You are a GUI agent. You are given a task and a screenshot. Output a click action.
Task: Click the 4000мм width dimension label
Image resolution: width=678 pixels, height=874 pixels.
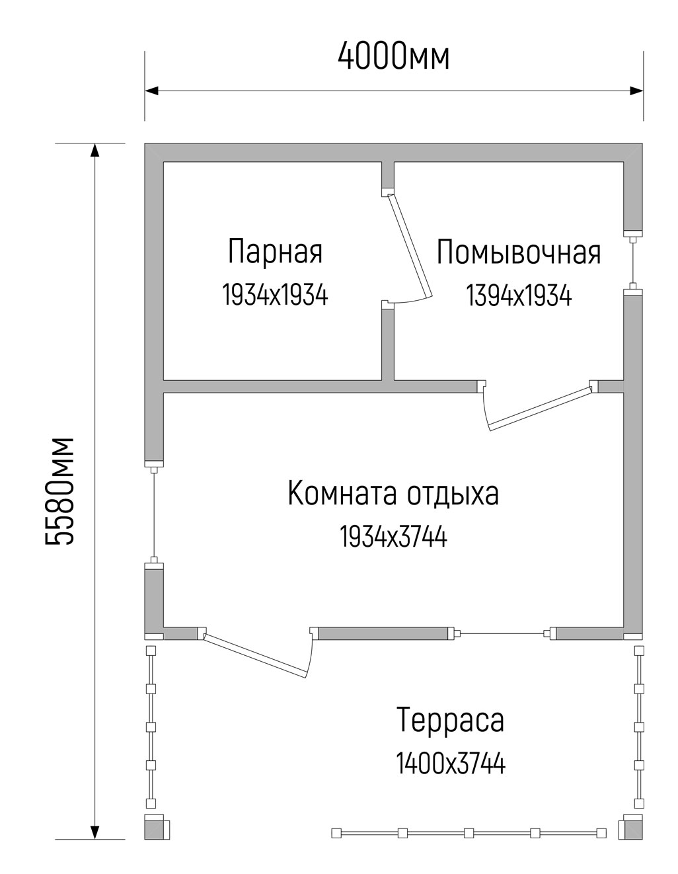click(393, 57)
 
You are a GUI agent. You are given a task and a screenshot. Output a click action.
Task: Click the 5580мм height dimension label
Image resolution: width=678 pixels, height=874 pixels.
click(59, 491)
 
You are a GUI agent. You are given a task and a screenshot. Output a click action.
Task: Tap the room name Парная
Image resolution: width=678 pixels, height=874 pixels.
click(275, 252)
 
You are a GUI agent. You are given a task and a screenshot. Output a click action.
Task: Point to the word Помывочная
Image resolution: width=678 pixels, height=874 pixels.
click(519, 253)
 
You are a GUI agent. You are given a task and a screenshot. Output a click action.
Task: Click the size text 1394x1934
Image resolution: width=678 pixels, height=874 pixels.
click(519, 296)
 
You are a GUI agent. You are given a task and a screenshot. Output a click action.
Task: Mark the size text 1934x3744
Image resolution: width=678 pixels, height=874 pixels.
click(393, 537)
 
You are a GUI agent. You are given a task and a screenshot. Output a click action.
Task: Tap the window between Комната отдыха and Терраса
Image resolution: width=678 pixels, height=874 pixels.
click(502, 633)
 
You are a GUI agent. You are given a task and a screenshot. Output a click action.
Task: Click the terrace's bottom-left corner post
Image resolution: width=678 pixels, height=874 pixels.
click(157, 826)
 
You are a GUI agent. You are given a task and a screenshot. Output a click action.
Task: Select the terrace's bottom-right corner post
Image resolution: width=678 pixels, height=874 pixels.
click(630, 826)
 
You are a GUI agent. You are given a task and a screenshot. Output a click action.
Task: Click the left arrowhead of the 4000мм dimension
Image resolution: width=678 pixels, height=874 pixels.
click(151, 91)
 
